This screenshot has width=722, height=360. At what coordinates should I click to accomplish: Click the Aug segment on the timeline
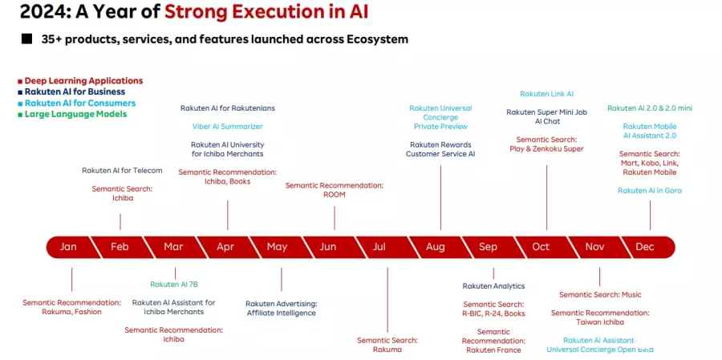tap(435, 247)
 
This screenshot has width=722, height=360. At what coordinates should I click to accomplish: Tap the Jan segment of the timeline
tap(68, 247)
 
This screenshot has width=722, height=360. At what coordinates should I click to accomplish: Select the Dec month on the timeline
tap(645, 247)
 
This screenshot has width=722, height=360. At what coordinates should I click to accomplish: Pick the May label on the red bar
tap(277, 247)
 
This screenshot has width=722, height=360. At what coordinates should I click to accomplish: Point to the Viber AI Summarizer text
tap(228, 126)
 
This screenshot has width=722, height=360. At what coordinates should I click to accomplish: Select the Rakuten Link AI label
tap(546, 94)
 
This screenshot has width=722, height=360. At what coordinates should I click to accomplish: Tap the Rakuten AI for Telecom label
tap(122, 170)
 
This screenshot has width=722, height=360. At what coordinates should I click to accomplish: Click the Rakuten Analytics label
tap(493, 286)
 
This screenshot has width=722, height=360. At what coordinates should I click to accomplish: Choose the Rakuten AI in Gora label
tap(650, 191)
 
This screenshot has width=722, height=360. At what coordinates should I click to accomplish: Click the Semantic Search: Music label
tap(600, 294)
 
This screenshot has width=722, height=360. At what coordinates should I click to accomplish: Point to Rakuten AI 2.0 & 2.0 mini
tap(650, 108)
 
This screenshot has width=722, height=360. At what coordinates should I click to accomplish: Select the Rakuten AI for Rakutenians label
tap(228, 108)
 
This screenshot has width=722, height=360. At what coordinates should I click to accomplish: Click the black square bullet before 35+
tap(26, 39)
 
